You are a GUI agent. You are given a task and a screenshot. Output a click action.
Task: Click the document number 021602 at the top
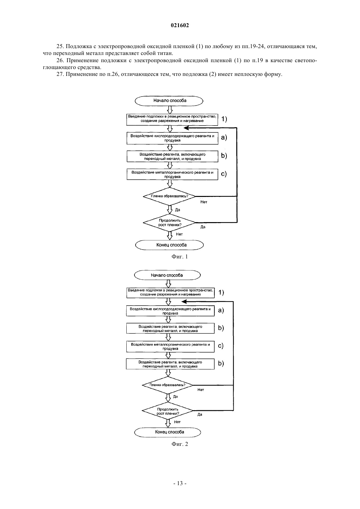(x=180, y=25)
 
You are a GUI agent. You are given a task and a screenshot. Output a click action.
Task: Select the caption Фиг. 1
(x=180, y=256)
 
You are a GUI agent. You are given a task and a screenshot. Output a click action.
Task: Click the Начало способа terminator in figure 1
(x=169, y=101)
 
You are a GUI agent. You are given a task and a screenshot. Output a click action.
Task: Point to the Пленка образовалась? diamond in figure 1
(x=169, y=196)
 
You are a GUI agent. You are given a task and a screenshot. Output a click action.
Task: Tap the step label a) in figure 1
(x=224, y=137)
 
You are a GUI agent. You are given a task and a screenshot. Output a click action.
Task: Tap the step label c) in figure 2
(x=221, y=346)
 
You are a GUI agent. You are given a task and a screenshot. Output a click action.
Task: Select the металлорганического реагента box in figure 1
(x=172, y=174)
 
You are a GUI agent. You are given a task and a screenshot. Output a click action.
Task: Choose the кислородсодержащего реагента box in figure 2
(x=170, y=311)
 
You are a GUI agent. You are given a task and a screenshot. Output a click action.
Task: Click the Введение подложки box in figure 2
(x=170, y=292)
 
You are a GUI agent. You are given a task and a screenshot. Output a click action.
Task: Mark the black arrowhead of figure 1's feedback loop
(x=186, y=128)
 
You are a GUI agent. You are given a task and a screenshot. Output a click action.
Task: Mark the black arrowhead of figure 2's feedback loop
(x=184, y=302)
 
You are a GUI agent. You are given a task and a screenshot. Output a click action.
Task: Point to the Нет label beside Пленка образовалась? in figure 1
(x=204, y=202)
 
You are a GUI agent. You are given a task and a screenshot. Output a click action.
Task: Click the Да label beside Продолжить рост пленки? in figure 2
(x=200, y=414)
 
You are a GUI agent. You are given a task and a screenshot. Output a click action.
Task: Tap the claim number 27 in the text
(x=60, y=74)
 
